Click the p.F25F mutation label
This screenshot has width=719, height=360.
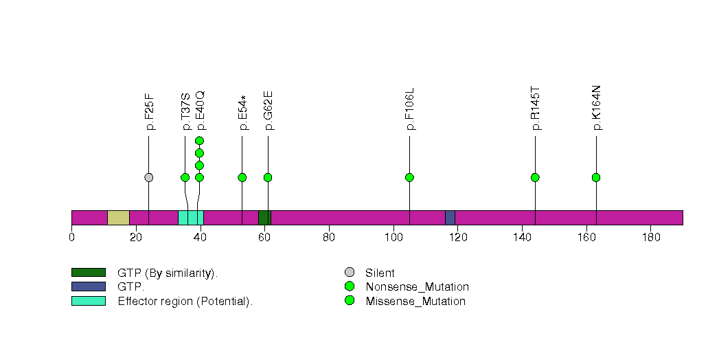coord(150,112)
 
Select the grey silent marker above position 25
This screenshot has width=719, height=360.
coord(148,177)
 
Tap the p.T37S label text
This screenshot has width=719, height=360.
coord(185,112)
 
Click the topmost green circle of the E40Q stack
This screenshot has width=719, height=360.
coord(199,141)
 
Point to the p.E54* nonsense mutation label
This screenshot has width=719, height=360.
coord(243,113)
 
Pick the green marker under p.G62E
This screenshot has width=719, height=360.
coord(269,177)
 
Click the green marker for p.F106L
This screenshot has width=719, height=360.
coord(410,177)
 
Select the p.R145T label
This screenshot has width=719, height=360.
coord(536,109)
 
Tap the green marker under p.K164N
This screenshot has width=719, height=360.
coord(596,177)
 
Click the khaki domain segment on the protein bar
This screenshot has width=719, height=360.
coord(118,218)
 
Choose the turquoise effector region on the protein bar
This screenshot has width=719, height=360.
coord(191,218)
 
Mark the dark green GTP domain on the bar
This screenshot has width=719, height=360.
coord(264,218)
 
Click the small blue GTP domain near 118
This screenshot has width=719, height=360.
coord(450,218)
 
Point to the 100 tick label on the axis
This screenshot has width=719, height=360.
coord(393,237)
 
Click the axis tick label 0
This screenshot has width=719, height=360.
coord(71,237)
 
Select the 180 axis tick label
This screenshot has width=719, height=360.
coord(651,237)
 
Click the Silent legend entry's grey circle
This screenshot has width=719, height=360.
coord(350,273)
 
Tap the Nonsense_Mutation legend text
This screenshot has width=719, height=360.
coord(418,287)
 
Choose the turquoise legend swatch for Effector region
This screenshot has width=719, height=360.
coord(89,301)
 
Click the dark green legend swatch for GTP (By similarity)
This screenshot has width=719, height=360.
coord(89,273)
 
